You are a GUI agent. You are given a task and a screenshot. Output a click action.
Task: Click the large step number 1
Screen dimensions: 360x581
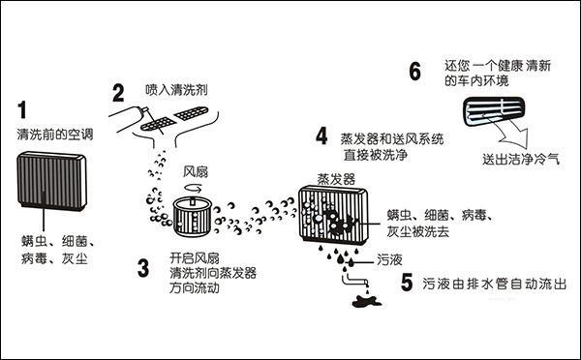pyautogui.click(x=21, y=109)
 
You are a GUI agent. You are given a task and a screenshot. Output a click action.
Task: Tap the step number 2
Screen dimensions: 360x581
pyautogui.click(x=118, y=94)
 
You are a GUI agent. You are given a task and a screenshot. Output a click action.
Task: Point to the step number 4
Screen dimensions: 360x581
pyautogui.click(x=321, y=135)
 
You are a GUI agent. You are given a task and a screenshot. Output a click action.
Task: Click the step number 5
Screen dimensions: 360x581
pyautogui.click(x=408, y=285)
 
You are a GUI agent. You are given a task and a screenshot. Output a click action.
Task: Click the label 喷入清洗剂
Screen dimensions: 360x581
pyautogui.click(x=177, y=89)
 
